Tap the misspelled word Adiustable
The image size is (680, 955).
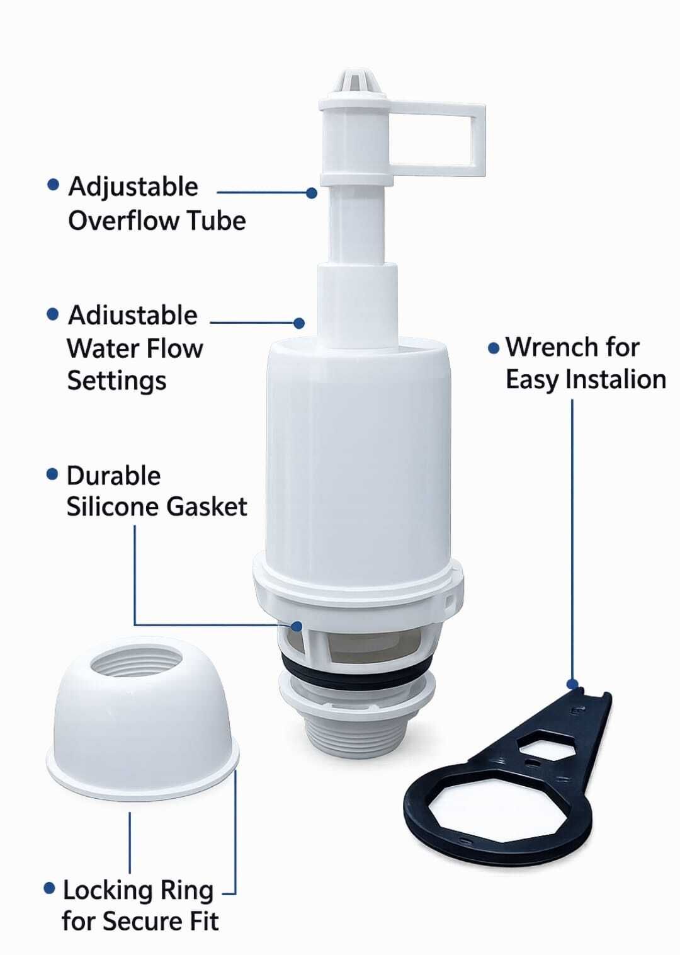coord(132,316)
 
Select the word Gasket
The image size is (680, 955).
coord(207,507)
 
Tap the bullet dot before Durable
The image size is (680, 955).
coord(52,474)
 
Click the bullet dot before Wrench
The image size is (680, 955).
coord(494,348)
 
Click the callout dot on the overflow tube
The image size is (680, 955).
coord(312,193)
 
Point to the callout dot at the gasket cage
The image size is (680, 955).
coord(297,626)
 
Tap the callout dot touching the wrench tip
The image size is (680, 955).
coord(572,684)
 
